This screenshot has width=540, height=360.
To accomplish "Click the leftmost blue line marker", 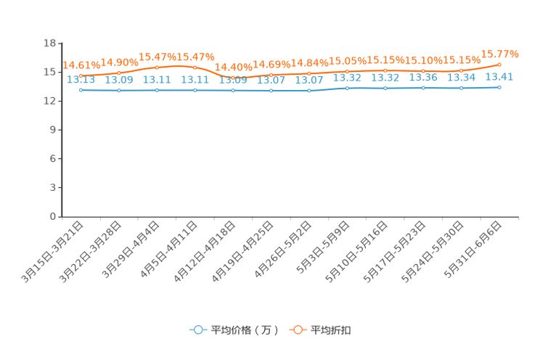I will pyautogui.click(x=81, y=90).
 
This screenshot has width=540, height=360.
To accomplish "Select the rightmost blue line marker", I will pyautogui.click(x=499, y=87).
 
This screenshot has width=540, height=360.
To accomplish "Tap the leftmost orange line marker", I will pyautogui.click(x=81, y=75).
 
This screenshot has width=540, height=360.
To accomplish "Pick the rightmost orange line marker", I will pyautogui.click(x=499, y=65).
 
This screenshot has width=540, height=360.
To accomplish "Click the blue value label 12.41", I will pyautogui.click(x=499, y=76).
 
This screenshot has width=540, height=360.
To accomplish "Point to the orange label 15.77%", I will pyautogui.click(x=501, y=53).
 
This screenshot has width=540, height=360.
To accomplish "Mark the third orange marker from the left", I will pyautogui.click(x=157, y=67).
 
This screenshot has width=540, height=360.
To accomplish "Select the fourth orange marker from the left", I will pyautogui.click(x=195, y=67).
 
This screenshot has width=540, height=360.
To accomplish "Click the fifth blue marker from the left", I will pyautogui.click(x=232, y=91).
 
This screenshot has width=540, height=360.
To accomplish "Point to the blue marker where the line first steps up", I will pyautogui.click(x=347, y=88).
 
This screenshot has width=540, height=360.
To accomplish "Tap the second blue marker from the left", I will pyautogui.click(x=118, y=91).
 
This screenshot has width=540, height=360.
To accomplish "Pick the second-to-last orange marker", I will pyautogui.click(x=461, y=70).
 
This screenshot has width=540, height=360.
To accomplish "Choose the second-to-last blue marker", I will pyautogui.click(x=461, y=88).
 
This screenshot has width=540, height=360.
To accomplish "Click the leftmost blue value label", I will pyautogui.click(x=81, y=79).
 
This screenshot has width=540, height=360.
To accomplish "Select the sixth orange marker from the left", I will pyautogui.click(x=271, y=75).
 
